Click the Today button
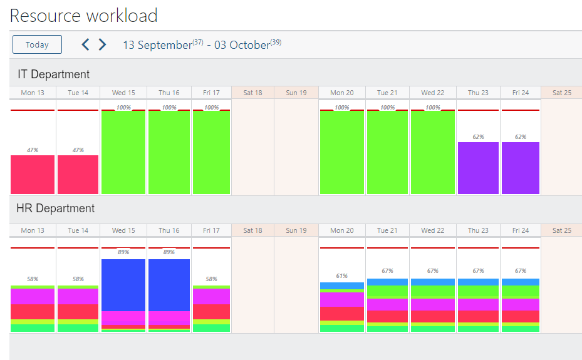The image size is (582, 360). click(x=37, y=44)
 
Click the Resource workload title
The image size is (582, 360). click(x=83, y=15)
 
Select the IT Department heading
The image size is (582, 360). click(x=53, y=74)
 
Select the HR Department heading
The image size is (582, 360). click(x=56, y=208)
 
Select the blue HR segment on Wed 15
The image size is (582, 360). click(x=123, y=285)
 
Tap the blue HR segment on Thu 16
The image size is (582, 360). click(x=169, y=285)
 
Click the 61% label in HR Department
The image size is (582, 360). click(x=341, y=275)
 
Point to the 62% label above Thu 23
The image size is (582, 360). click(x=478, y=136)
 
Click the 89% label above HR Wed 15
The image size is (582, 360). click(x=123, y=252)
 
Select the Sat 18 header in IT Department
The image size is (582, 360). click(x=252, y=93)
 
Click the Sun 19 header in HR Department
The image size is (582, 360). click(x=296, y=230)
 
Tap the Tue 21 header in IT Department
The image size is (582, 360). click(x=387, y=93)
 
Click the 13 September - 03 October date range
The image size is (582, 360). click(x=202, y=45)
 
